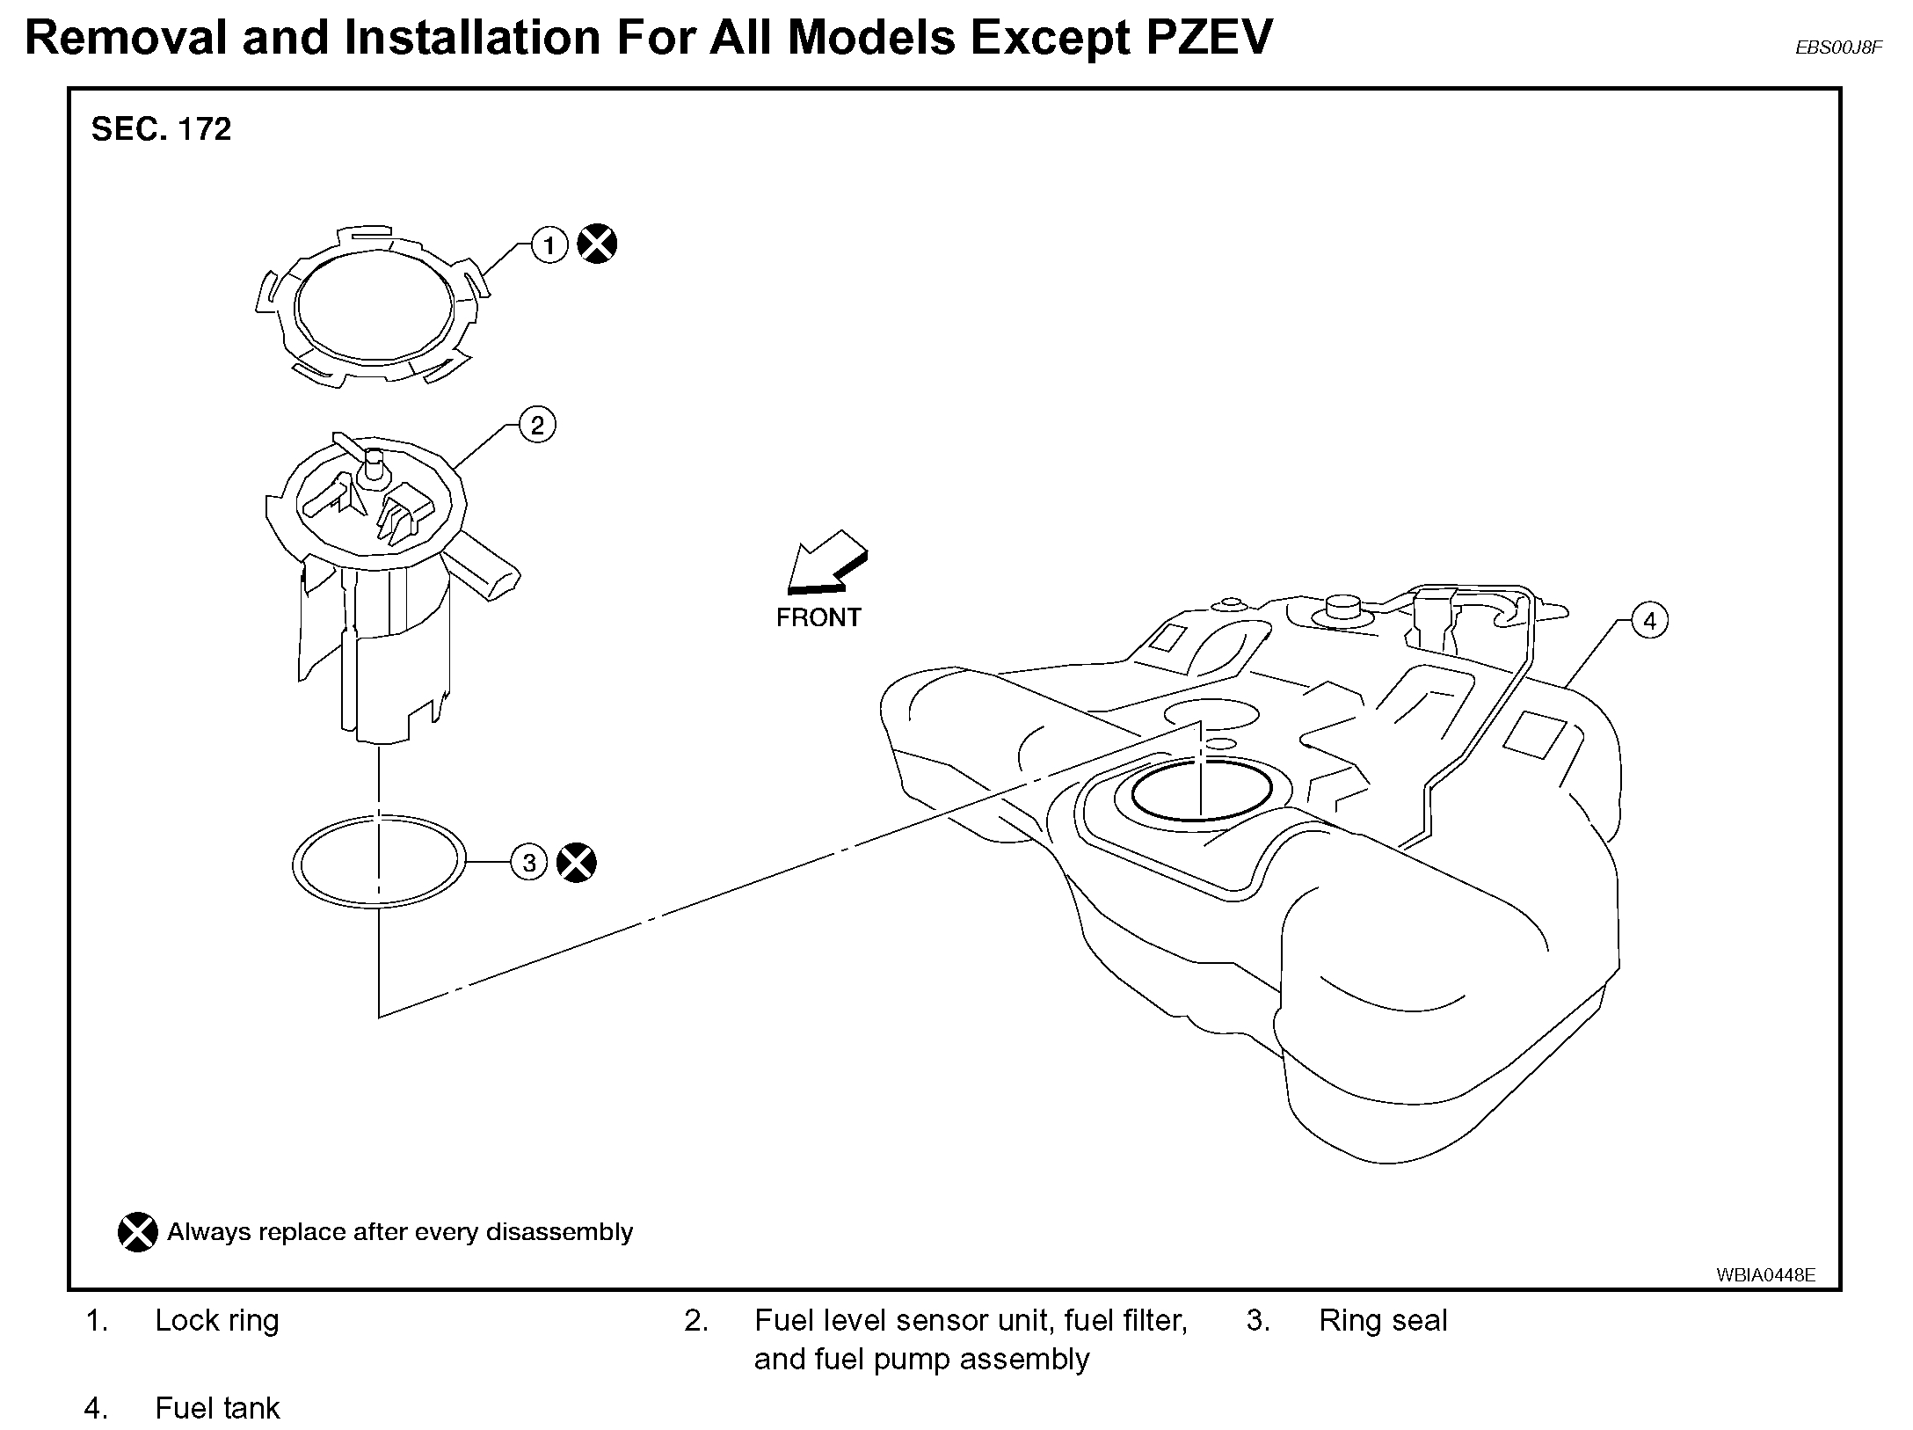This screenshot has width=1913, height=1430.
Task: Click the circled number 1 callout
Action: coord(549,244)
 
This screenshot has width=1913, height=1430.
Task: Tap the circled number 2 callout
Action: coord(537,426)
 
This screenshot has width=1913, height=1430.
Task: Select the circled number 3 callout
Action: coord(529,862)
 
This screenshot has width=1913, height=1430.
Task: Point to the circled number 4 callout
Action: coord(1649,621)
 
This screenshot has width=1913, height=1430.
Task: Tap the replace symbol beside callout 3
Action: coord(577,862)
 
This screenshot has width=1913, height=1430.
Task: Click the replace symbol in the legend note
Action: coord(138,1232)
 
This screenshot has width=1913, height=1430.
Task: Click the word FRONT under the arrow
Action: coord(818,617)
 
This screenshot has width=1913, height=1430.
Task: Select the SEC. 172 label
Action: coord(161,129)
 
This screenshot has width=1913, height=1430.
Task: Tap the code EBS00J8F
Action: coord(1838,47)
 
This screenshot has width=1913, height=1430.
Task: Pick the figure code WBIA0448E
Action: coord(1765,1274)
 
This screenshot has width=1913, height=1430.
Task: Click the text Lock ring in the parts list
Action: coord(217,1320)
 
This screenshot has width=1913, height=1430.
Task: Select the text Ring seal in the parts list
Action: coord(1382,1320)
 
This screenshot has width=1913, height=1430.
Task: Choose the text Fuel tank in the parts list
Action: coord(217,1408)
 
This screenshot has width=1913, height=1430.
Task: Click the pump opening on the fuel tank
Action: coord(1201,792)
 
